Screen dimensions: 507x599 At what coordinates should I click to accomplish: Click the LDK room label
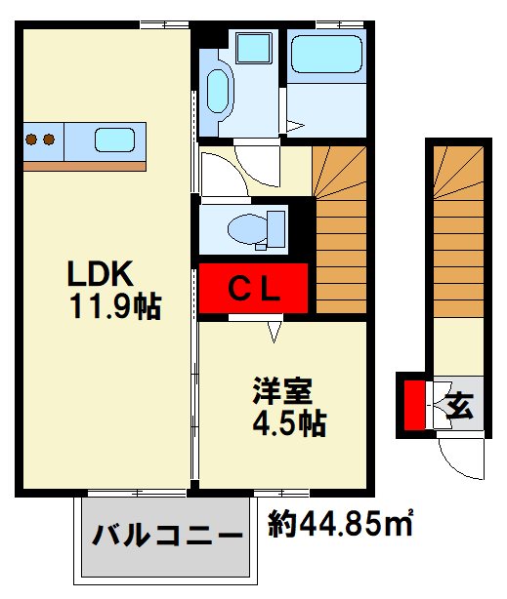pyautogui.click(x=101, y=273)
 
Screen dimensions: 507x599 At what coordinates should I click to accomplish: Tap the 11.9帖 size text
pyautogui.click(x=115, y=306)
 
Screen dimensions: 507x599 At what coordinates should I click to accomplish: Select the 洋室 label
pyautogui.click(x=282, y=391)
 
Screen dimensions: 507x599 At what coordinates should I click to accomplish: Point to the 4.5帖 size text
pyautogui.click(x=289, y=423)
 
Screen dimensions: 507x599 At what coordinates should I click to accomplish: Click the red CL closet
pyautogui.click(x=253, y=289)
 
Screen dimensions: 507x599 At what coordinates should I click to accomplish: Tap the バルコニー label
pyautogui.click(x=167, y=536)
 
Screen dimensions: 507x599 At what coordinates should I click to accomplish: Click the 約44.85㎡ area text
pyautogui.click(x=340, y=523)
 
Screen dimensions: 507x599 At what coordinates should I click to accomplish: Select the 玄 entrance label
pyautogui.click(x=459, y=405)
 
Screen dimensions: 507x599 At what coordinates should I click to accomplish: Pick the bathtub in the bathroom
pyautogui.click(x=326, y=54)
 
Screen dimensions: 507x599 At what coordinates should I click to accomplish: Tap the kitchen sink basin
pyautogui.click(x=115, y=140)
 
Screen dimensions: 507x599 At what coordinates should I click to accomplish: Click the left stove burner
pyautogui.click(x=31, y=140)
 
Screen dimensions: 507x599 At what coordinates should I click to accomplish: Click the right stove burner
pyautogui.click(x=49, y=140)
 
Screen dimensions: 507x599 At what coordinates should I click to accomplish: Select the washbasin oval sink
pyautogui.click(x=217, y=92)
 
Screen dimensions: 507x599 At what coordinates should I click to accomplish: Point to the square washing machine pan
pyautogui.click(x=254, y=48)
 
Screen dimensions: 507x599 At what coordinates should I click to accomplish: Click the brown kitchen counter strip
pyautogui.click(x=85, y=166)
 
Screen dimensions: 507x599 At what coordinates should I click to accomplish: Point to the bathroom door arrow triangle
pyautogui.click(x=295, y=125)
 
